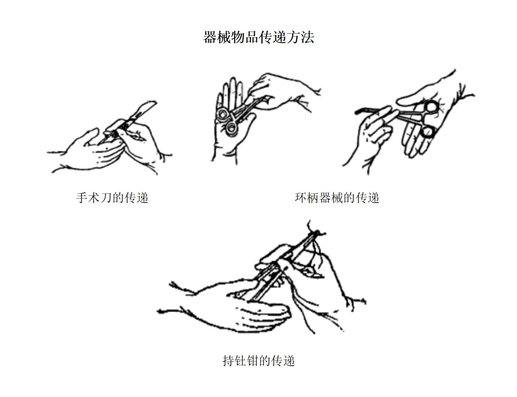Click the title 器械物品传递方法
pyautogui.click(x=259, y=37)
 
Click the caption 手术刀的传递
pyautogui.click(x=112, y=198)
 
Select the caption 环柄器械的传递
pyautogui.click(x=337, y=198)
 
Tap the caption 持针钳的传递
pyautogui.click(x=259, y=360)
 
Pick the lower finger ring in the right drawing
pyautogui.click(x=427, y=132)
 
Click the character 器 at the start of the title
pyautogui.click(x=210, y=38)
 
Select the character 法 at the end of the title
pyautogui.click(x=308, y=38)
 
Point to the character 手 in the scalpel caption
pyautogui.click(x=82, y=198)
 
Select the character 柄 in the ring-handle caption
pyautogui.click(x=313, y=198)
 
